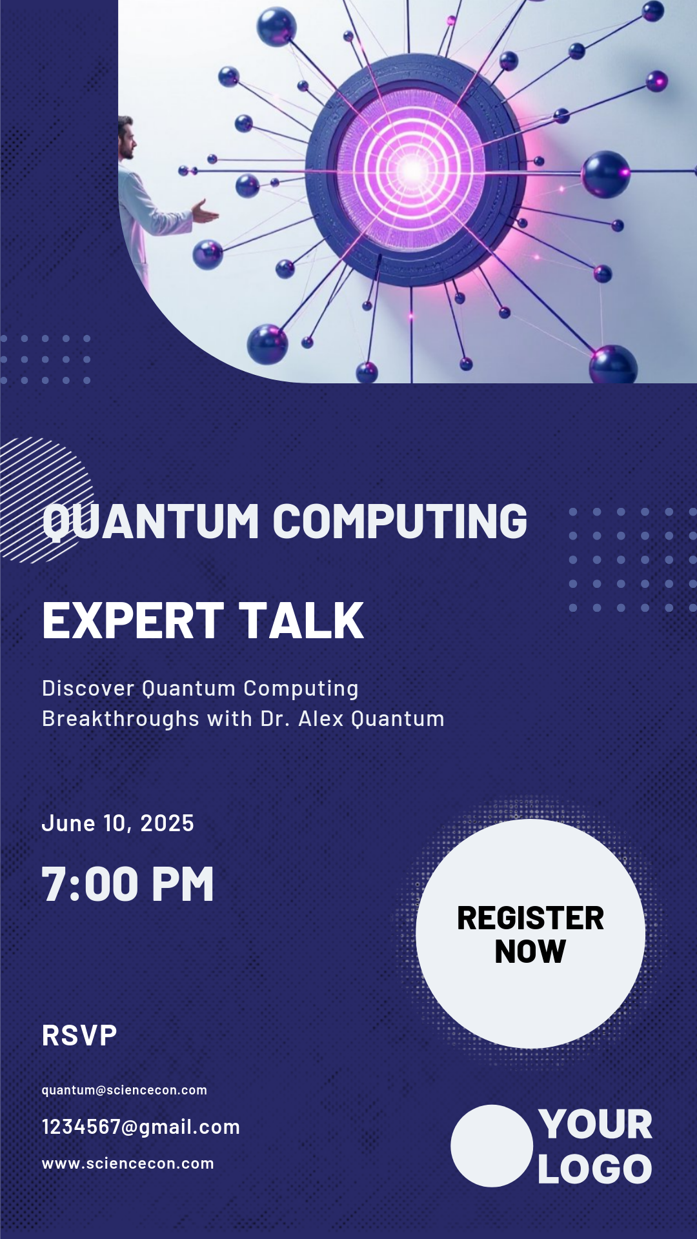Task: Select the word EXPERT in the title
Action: pyautogui.click(x=133, y=621)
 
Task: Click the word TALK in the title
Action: pyautogui.click(x=301, y=621)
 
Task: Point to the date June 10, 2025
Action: pyautogui.click(x=117, y=823)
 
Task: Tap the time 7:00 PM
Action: pyautogui.click(x=128, y=884)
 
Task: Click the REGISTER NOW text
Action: pyautogui.click(x=530, y=934)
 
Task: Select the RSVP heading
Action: pyautogui.click(x=79, y=1036)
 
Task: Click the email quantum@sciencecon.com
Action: pyautogui.click(x=125, y=1090)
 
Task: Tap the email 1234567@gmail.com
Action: pyautogui.click(x=141, y=1127)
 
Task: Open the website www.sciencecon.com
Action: pyautogui.click(x=128, y=1163)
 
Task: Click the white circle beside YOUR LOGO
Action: pyautogui.click(x=492, y=1145)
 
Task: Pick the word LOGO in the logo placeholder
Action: pyautogui.click(x=595, y=1169)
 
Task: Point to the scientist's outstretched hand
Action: pyautogui.click(x=205, y=212)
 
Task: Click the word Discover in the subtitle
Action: pyautogui.click(x=88, y=689)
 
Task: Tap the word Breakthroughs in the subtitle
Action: pyautogui.click(x=121, y=719)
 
